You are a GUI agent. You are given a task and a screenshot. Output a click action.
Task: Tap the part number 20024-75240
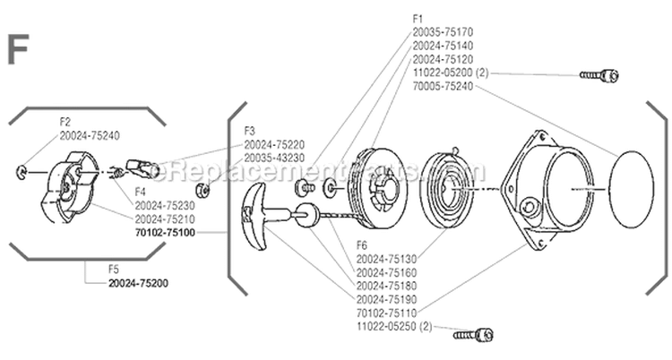(x=89, y=135)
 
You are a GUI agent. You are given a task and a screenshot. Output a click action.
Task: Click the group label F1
(x=418, y=17)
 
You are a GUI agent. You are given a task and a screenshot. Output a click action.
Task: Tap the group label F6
(x=362, y=244)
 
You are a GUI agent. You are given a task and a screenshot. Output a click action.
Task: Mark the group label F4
(x=141, y=191)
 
